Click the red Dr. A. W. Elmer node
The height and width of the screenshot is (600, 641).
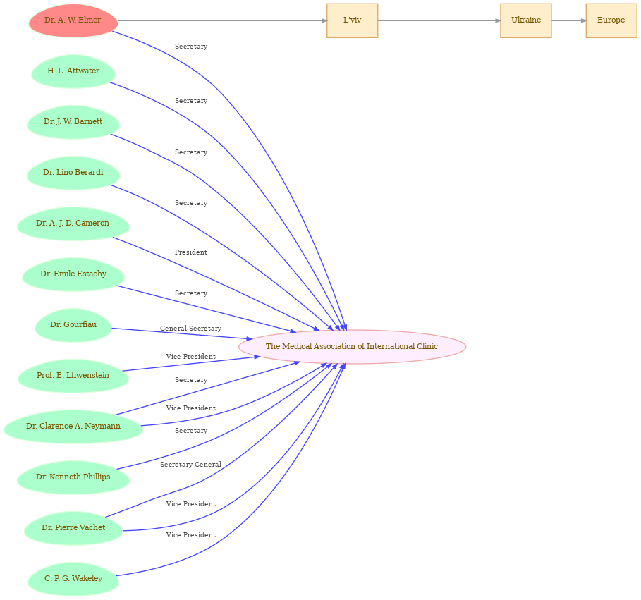(x=73, y=20)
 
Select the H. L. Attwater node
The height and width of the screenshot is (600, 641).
(x=73, y=71)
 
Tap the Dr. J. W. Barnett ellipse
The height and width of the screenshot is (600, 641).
(x=73, y=122)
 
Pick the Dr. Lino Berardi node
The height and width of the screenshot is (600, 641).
(x=73, y=173)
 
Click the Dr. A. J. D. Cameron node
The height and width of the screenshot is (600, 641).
(x=73, y=224)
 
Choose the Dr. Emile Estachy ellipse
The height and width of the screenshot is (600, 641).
(x=73, y=274)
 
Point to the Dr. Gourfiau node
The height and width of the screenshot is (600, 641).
(x=73, y=325)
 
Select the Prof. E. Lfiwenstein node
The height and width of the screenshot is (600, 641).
(x=73, y=376)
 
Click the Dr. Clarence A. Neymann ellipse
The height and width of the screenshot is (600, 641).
(x=73, y=427)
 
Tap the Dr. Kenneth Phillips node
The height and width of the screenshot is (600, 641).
(x=73, y=477)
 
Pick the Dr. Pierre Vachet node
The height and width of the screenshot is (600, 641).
(x=73, y=528)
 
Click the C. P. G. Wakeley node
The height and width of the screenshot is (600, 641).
(x=73, y=579)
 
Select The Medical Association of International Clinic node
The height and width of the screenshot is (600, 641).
(x=352, y=347)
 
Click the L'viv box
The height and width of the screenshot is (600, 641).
(x=352, y=20)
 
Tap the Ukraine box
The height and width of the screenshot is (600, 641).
(x=526, y=20)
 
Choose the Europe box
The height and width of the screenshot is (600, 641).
(x=611, y=20)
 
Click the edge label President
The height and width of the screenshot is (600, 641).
(x=191, y=252)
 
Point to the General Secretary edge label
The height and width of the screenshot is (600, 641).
(x=190, y=328)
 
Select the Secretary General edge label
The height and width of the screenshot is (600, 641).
(x=190, y=465)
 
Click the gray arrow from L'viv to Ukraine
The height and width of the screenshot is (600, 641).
(x=439, y=20)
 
